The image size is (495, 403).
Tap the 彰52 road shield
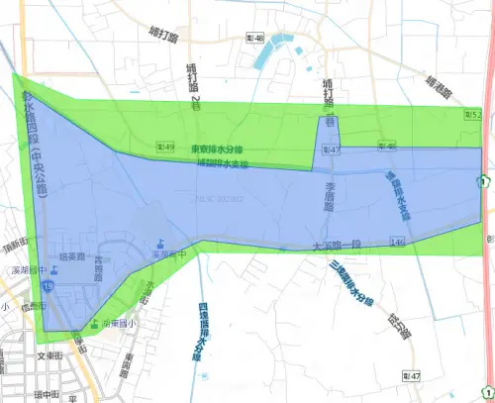click(x=472, y=115)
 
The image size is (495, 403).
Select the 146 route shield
click(x=396, y=242)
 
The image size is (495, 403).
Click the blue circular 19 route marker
click(x=47, y=288)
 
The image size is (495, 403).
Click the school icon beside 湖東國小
click(x=94, y=324)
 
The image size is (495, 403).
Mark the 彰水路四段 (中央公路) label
click(x=33, y=139)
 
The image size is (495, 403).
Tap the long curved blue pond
click(x=274, y=50)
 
